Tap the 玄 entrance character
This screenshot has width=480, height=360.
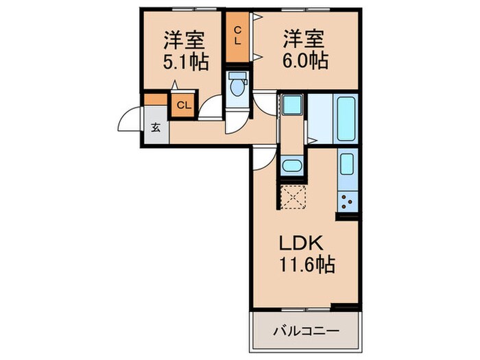[x=156, y=127]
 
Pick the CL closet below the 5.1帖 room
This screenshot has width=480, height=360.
[x=184, y=105]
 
